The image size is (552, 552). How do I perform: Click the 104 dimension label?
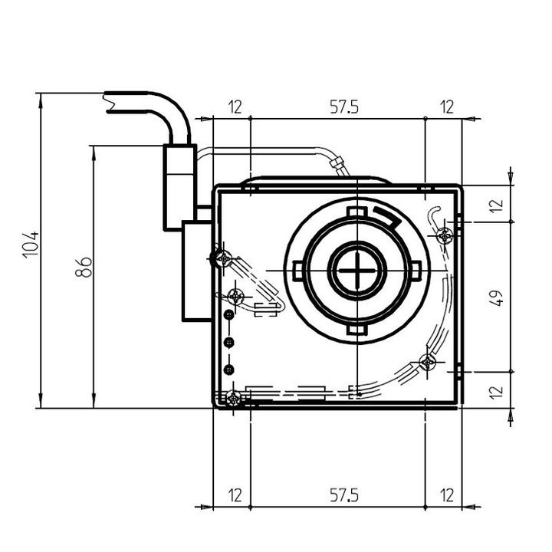click(31, 245)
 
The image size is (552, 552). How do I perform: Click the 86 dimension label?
click(84, 267)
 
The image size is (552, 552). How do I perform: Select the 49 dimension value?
click(497, 297)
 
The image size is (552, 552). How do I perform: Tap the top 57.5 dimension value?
click(344, 107)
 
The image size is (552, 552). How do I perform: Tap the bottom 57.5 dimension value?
click(344, 495)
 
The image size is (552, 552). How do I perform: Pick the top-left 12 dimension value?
click(235, 107)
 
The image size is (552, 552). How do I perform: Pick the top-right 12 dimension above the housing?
click(447, 107)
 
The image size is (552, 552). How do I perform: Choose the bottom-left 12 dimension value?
click(235, 495)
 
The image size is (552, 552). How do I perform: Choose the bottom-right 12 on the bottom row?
click(447, 495)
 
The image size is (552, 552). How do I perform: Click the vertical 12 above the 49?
click(497, 205)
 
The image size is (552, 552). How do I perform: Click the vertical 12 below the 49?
click(497, 393)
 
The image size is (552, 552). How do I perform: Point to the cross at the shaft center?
click(357, 270)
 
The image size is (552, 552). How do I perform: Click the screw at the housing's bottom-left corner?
click(233, 399)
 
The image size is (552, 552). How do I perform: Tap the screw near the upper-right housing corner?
click(445, 235)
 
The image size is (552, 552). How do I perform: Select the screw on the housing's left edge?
click(223, 258)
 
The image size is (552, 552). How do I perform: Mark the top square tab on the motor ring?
click(357, 212)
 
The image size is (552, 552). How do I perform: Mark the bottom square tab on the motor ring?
click(357, 330)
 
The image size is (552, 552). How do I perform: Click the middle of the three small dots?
click(229, 342)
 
